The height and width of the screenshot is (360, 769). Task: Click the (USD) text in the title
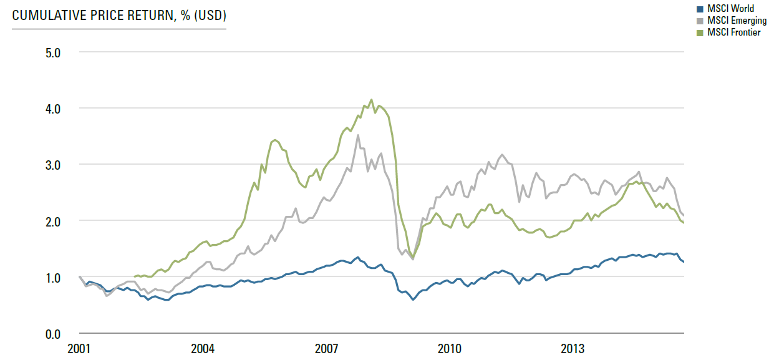210,16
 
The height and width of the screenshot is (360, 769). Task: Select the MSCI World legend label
730,8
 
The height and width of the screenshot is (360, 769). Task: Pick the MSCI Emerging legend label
737,21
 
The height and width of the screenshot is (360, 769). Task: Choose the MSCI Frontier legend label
734,32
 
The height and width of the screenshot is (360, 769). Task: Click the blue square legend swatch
700,9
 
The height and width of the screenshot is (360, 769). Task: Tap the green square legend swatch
700,33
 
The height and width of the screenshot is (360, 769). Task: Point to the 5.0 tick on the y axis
53,53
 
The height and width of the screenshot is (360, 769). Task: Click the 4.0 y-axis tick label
53,109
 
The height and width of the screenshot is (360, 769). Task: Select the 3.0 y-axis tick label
53,165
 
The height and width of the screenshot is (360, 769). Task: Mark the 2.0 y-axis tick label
53,222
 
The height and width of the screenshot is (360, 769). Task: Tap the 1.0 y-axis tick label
53,278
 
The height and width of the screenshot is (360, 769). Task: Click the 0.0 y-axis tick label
53,334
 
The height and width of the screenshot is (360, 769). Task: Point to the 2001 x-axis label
79,349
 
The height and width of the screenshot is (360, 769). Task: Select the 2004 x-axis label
203,349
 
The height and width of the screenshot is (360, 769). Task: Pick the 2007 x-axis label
326,349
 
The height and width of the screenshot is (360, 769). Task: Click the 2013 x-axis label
573,349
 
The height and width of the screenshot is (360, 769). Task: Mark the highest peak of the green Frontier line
371,100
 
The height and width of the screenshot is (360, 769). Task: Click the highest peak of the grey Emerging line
358,135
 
